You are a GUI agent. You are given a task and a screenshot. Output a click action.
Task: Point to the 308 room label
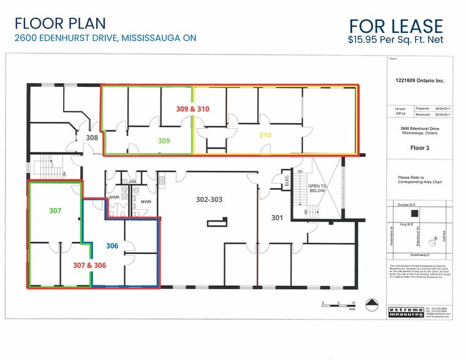point(92,138)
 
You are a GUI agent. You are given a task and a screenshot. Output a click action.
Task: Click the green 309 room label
point(164,140)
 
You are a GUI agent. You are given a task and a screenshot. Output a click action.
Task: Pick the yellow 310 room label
point(265,135)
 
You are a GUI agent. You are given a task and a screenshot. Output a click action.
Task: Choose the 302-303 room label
point(209,198)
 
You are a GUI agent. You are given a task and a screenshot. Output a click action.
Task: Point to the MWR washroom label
point(146,201)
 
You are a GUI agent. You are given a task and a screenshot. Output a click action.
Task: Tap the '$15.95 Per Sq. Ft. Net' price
point(395,40)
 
